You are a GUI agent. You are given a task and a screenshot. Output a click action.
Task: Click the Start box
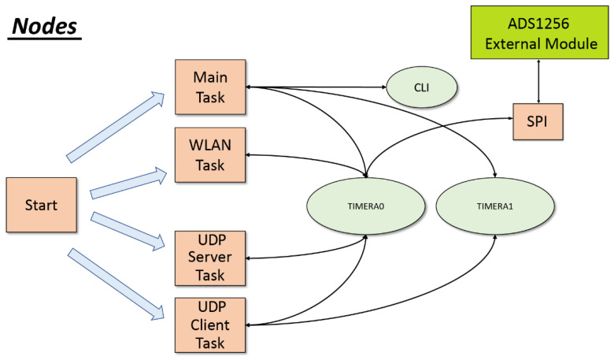[x=42, y=205]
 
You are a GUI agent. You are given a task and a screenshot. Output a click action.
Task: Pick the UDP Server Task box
[x=210, y=258]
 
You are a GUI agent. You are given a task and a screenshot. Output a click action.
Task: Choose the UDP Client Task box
[x=210, y=325]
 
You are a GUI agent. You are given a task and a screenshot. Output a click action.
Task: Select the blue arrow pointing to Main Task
[x=116, y=127]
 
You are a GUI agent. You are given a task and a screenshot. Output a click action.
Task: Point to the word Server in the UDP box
[x=210, y=258]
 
